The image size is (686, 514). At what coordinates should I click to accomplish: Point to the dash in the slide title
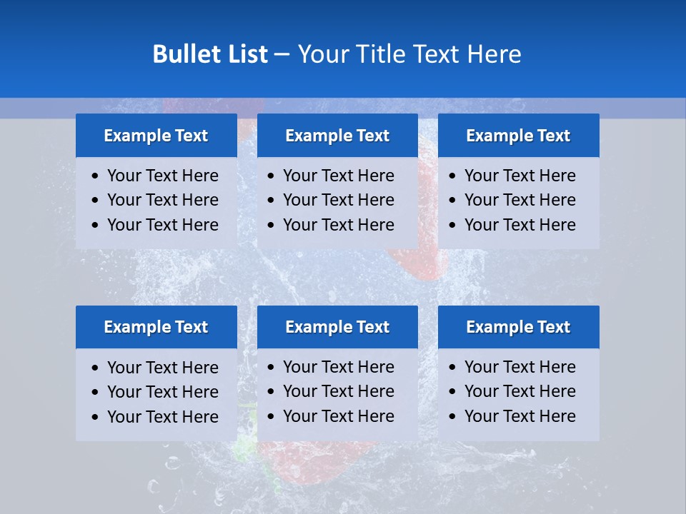(x=282, y=55)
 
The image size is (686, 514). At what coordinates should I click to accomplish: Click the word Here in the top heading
(x=494, y=54)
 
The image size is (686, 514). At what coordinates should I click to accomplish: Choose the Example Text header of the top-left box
(x=156, y=136)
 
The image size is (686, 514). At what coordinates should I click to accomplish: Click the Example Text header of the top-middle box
(x=337, y=136)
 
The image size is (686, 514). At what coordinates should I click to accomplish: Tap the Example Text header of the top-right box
(x=518, y=136)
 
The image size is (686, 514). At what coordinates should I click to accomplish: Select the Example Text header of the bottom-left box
(x=156, y=327)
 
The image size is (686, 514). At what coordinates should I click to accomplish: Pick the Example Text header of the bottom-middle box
(x=337, y=327)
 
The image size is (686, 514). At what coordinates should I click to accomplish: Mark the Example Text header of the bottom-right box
(x=518, y=327)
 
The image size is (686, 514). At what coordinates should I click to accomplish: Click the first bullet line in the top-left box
(x=162, y=176)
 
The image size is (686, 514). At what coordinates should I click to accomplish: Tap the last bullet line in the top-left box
(x=162, y=225)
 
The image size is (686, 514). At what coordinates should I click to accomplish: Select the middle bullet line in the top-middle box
(x=338, y=200)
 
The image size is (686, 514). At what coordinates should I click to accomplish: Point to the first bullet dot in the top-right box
(x=453, y=176)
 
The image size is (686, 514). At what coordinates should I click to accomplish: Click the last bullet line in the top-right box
(x=520, y=225)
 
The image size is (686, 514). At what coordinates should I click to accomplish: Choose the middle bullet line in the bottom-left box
(x=162, y=392)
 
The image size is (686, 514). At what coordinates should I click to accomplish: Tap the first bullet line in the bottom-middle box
(x=338, y=367)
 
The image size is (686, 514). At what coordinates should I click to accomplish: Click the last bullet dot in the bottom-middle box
(x=272, y=417)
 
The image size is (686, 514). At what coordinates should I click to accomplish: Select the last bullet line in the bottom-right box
(x=520, y=416)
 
